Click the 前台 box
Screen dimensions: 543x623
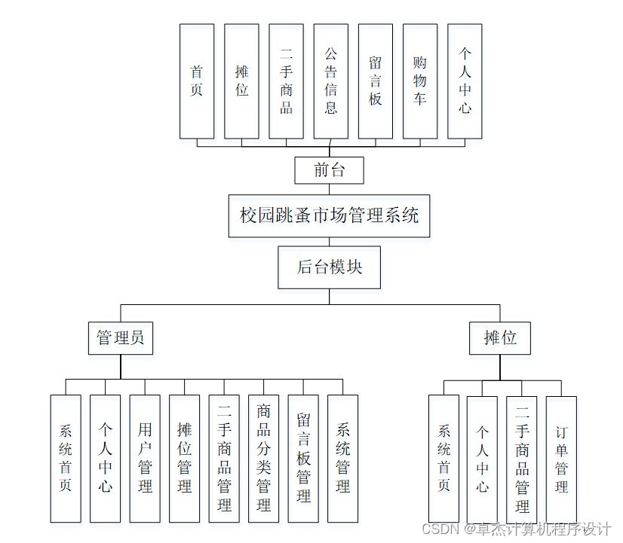[x=329, y=170]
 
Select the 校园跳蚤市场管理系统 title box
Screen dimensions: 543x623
[x=329, y=216]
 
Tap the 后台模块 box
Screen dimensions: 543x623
[x=329, y=267]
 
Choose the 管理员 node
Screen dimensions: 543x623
[x=121, y=338]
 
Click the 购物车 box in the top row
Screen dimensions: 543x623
[x=419, y=81]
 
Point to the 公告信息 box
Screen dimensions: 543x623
[x=330, y=81]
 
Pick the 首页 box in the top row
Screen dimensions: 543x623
[x=197, y=81]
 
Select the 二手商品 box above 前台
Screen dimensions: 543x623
[x=286, y=81]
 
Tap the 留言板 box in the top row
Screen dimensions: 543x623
[x=375, y=81]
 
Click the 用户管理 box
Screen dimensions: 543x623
[x=145, y=458]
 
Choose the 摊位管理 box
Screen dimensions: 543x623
[x=184, y=458]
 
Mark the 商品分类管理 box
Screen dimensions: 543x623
[x=263, y=458]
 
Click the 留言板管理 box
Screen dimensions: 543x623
[x=303, y=458]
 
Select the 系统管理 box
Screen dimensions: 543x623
[x=342, y=458]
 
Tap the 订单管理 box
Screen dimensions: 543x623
[x=561, y=459]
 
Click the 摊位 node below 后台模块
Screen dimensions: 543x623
[x=499, y=338]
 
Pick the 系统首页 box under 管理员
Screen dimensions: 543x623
[x=66, y=458]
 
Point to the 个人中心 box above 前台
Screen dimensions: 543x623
[x=465, y=81]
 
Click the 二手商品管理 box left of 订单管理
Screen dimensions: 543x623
[x=522, y=459]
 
